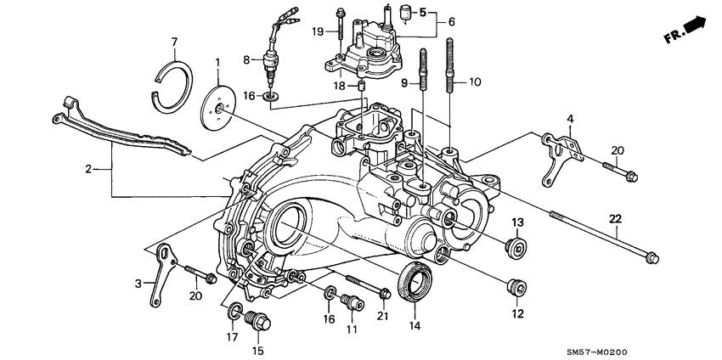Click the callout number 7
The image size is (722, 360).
(x=174, y=42)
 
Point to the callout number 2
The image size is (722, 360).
(x=87, y=170)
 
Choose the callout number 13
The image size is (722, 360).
(x=516, y=222)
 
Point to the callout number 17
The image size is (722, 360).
(x=231, y=336)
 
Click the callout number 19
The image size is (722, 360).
(x=317, y=32)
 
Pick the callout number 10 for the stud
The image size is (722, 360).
(x=474, y=83)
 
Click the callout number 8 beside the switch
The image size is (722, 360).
(x=246, y=60)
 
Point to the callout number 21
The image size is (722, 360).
(x=382, y=317)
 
